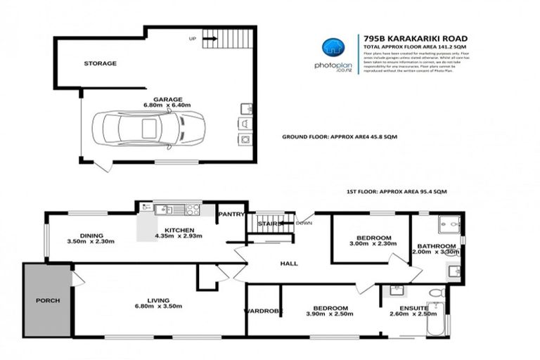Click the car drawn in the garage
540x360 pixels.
tap(148, 128)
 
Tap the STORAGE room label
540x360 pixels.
tap(100, 63)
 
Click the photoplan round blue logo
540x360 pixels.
tap(333, 47)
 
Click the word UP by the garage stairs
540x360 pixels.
tap(191, 38)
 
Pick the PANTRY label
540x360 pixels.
tap(230, 214)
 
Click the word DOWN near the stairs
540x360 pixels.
tap(304, 223)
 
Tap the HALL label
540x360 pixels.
tap(288, 264)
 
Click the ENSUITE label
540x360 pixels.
tap(408, 307)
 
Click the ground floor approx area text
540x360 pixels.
tap(340, 136)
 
